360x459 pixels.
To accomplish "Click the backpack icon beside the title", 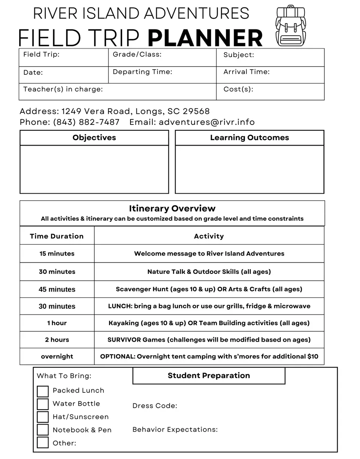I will [291, 26].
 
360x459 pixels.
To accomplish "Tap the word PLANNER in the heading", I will [205, 38].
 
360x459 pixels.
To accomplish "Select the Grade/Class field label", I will [137, 54].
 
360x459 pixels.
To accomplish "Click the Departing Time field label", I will [142, 72].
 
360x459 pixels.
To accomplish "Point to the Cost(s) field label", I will [238, 89].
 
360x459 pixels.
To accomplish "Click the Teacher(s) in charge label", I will [63, 89].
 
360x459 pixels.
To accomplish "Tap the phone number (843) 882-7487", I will [86, 122].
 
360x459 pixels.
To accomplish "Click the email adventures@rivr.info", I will [206, 122].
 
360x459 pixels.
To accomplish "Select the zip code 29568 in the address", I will [196, 111].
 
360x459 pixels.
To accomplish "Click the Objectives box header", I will [94, 138].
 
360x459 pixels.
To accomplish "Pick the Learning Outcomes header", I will [249, 138].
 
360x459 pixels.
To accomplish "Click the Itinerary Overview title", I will [172, 209].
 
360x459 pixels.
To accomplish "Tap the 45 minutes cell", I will [57, 290].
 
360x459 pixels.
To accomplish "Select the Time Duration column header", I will [57, 236].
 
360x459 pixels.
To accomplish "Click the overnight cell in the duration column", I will [57, 356].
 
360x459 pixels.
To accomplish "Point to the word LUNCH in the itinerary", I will [120, 306].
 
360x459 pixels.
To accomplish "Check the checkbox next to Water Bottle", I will [43, 404].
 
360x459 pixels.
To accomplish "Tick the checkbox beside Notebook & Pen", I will [43, 430].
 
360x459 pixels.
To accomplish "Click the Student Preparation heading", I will [208, 376].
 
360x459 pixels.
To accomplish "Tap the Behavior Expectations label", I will [175, 430].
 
